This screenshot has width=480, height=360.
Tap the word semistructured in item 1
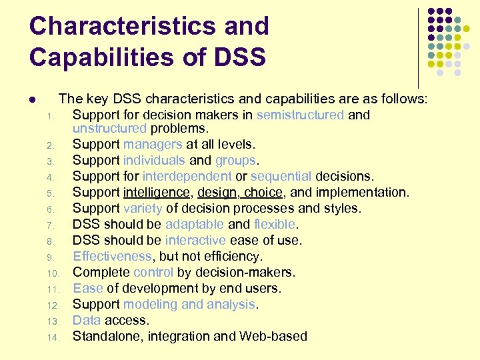click(300, 115)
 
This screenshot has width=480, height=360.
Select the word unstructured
click(109, 128)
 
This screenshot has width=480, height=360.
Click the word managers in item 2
click(152, 144)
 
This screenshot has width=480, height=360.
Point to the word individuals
click(154, 160)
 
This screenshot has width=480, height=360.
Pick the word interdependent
click(187, 176)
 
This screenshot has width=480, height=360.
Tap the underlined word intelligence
click(156, 192)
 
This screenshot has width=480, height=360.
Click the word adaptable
click(195, 224)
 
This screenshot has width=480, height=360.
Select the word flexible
click(275, 224)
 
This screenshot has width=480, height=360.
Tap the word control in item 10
click(153, 272)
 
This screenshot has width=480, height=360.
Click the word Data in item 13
click(85, 320)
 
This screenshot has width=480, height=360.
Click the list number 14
click(54, 337)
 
